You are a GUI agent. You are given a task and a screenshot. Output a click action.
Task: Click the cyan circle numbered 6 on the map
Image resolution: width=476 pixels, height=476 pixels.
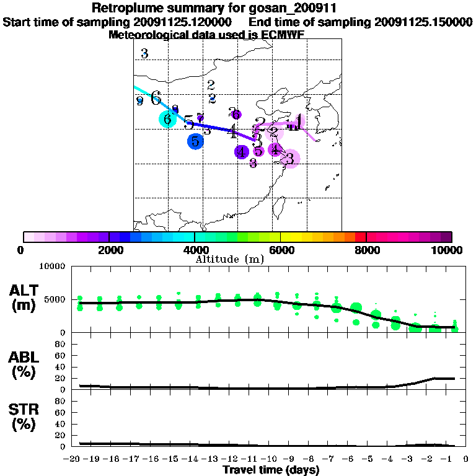pyautogui.click(x=167, y=119)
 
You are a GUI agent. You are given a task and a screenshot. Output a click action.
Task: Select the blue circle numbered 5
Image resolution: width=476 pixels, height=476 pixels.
pyautogui.click(x=195, y=141)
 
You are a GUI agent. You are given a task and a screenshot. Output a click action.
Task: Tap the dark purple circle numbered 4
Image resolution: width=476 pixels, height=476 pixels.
pyautogui.click(x=242, y=151)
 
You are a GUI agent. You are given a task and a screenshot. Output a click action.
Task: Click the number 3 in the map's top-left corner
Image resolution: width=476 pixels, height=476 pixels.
pyautogui.click(x=144, y=54)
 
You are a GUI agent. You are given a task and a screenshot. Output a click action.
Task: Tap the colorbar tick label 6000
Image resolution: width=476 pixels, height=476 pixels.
pyautogui.click(x=280, y=250)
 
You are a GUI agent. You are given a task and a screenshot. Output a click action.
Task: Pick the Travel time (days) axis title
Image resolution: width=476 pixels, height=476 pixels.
pyautogui.click(x=271, y=470)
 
